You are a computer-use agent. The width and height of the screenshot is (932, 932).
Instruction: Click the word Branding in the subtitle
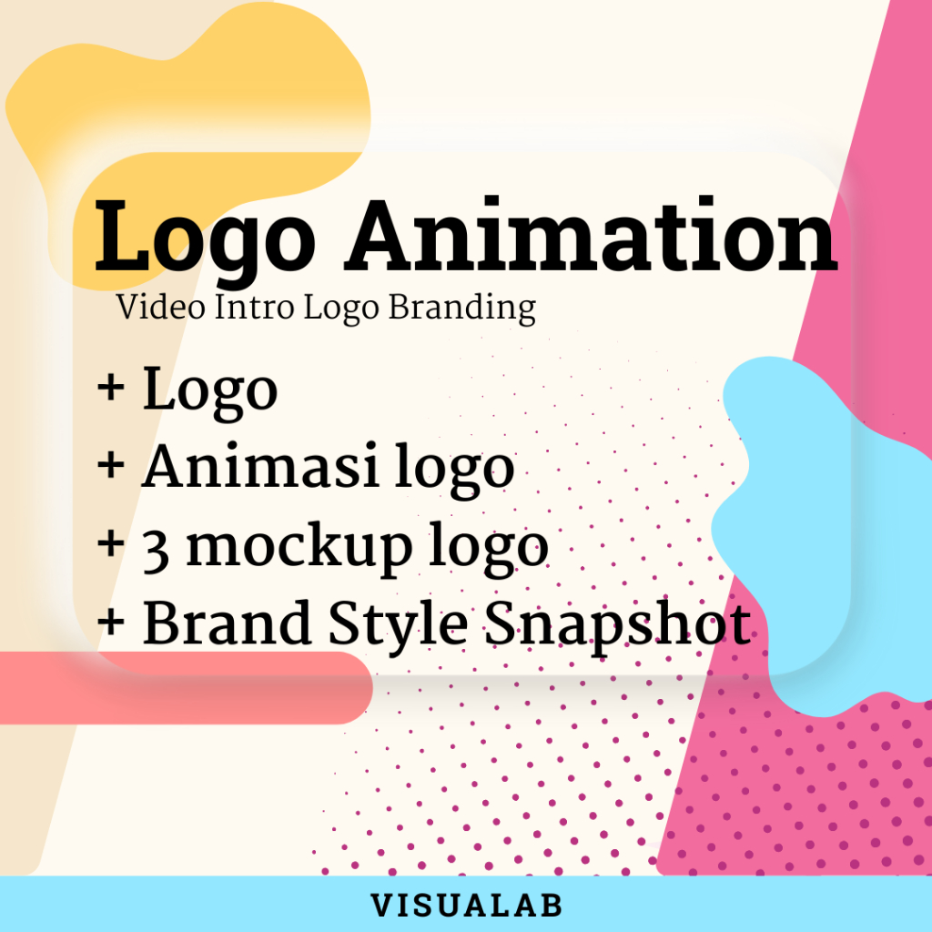462,309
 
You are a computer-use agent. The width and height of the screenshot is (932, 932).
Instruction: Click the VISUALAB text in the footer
466,906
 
